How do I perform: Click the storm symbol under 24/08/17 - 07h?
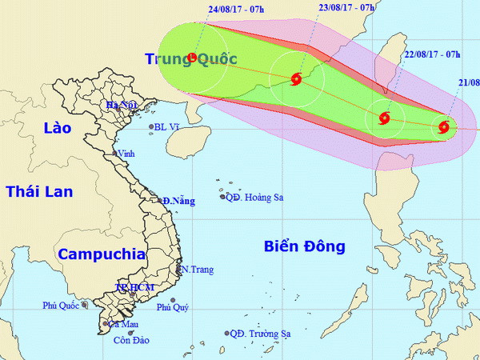pos(192,57)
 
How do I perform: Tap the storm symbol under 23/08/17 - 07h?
pos(296,78)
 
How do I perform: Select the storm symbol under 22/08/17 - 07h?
pos(385,119)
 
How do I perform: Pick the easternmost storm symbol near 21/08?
pos(444,126)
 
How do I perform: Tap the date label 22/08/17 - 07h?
pos(433,54)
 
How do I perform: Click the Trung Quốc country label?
pos(180,58)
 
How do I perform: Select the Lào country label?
pos(58,128)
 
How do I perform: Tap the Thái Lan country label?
pos(39,190)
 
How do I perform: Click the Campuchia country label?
pos(102,254)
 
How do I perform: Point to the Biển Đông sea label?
pos(304,246)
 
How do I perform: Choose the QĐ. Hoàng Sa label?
pos(254,198)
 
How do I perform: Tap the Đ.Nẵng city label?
pos(178,202)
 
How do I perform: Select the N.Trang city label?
pos(197,270)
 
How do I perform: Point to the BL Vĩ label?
pos(170,126)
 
